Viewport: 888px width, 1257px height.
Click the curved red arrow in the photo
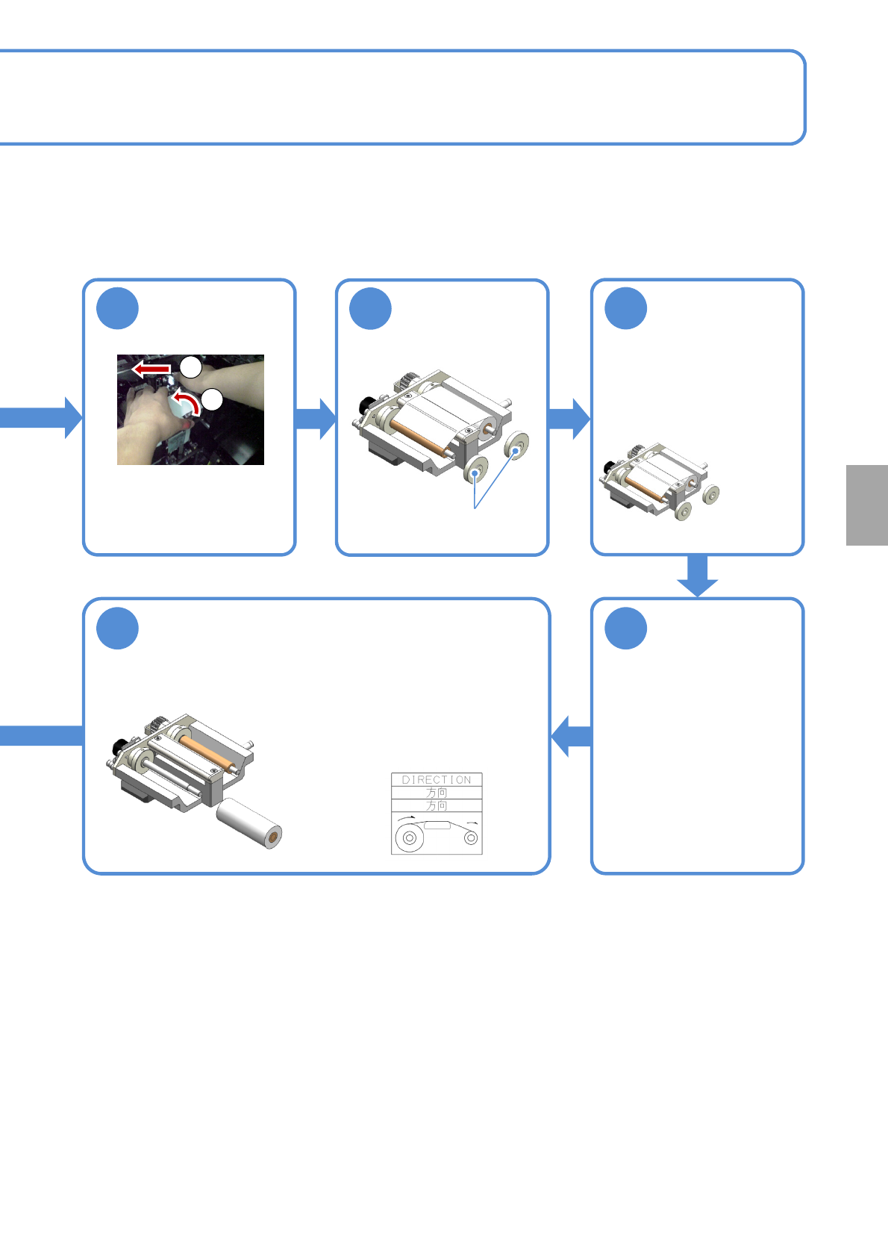point(188,402)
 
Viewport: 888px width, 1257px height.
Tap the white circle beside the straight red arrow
point(191,367)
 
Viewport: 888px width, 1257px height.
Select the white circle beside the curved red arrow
point(212,399)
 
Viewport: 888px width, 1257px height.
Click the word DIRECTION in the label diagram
point(437,779)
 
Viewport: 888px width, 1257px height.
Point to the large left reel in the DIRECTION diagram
point(409,838)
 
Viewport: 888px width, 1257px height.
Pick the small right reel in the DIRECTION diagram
point(471,838)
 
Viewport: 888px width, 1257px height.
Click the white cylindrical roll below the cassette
point(249,824)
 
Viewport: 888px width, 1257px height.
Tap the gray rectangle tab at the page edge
point(867,505)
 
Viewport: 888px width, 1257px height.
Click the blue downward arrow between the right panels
point(698,576)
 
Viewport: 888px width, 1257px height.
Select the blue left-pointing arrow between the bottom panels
point(571,736)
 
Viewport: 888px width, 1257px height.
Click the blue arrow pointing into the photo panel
point(41,417)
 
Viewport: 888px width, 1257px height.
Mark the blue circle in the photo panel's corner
point(118,308)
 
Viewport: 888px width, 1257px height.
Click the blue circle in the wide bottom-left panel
point(118,628)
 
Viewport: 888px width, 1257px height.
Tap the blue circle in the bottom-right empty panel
point(626,628)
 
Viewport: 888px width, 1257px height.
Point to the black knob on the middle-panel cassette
point(366,405)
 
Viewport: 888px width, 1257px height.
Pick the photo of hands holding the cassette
point(190,410)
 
